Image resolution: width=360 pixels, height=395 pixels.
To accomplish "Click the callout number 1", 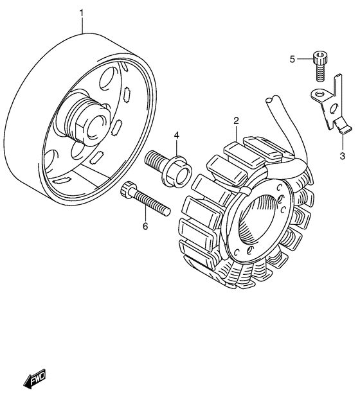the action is click(x=82, y=13).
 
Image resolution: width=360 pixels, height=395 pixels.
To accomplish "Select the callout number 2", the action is click(x=236, y=121).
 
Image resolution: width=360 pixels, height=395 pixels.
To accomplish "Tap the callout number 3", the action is click(x=342, y=156).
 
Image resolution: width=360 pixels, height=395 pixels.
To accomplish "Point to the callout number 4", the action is click(x=177, y=136).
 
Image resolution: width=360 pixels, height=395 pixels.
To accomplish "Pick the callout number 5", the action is click(x=292, y=60).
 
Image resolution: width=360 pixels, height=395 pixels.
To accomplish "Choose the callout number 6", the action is click(x=145, y=226).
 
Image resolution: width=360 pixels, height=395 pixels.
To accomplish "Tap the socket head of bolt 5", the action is click(x=320, y=58).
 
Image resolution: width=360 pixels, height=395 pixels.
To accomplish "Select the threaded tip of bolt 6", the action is click(x=166, y=211).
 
